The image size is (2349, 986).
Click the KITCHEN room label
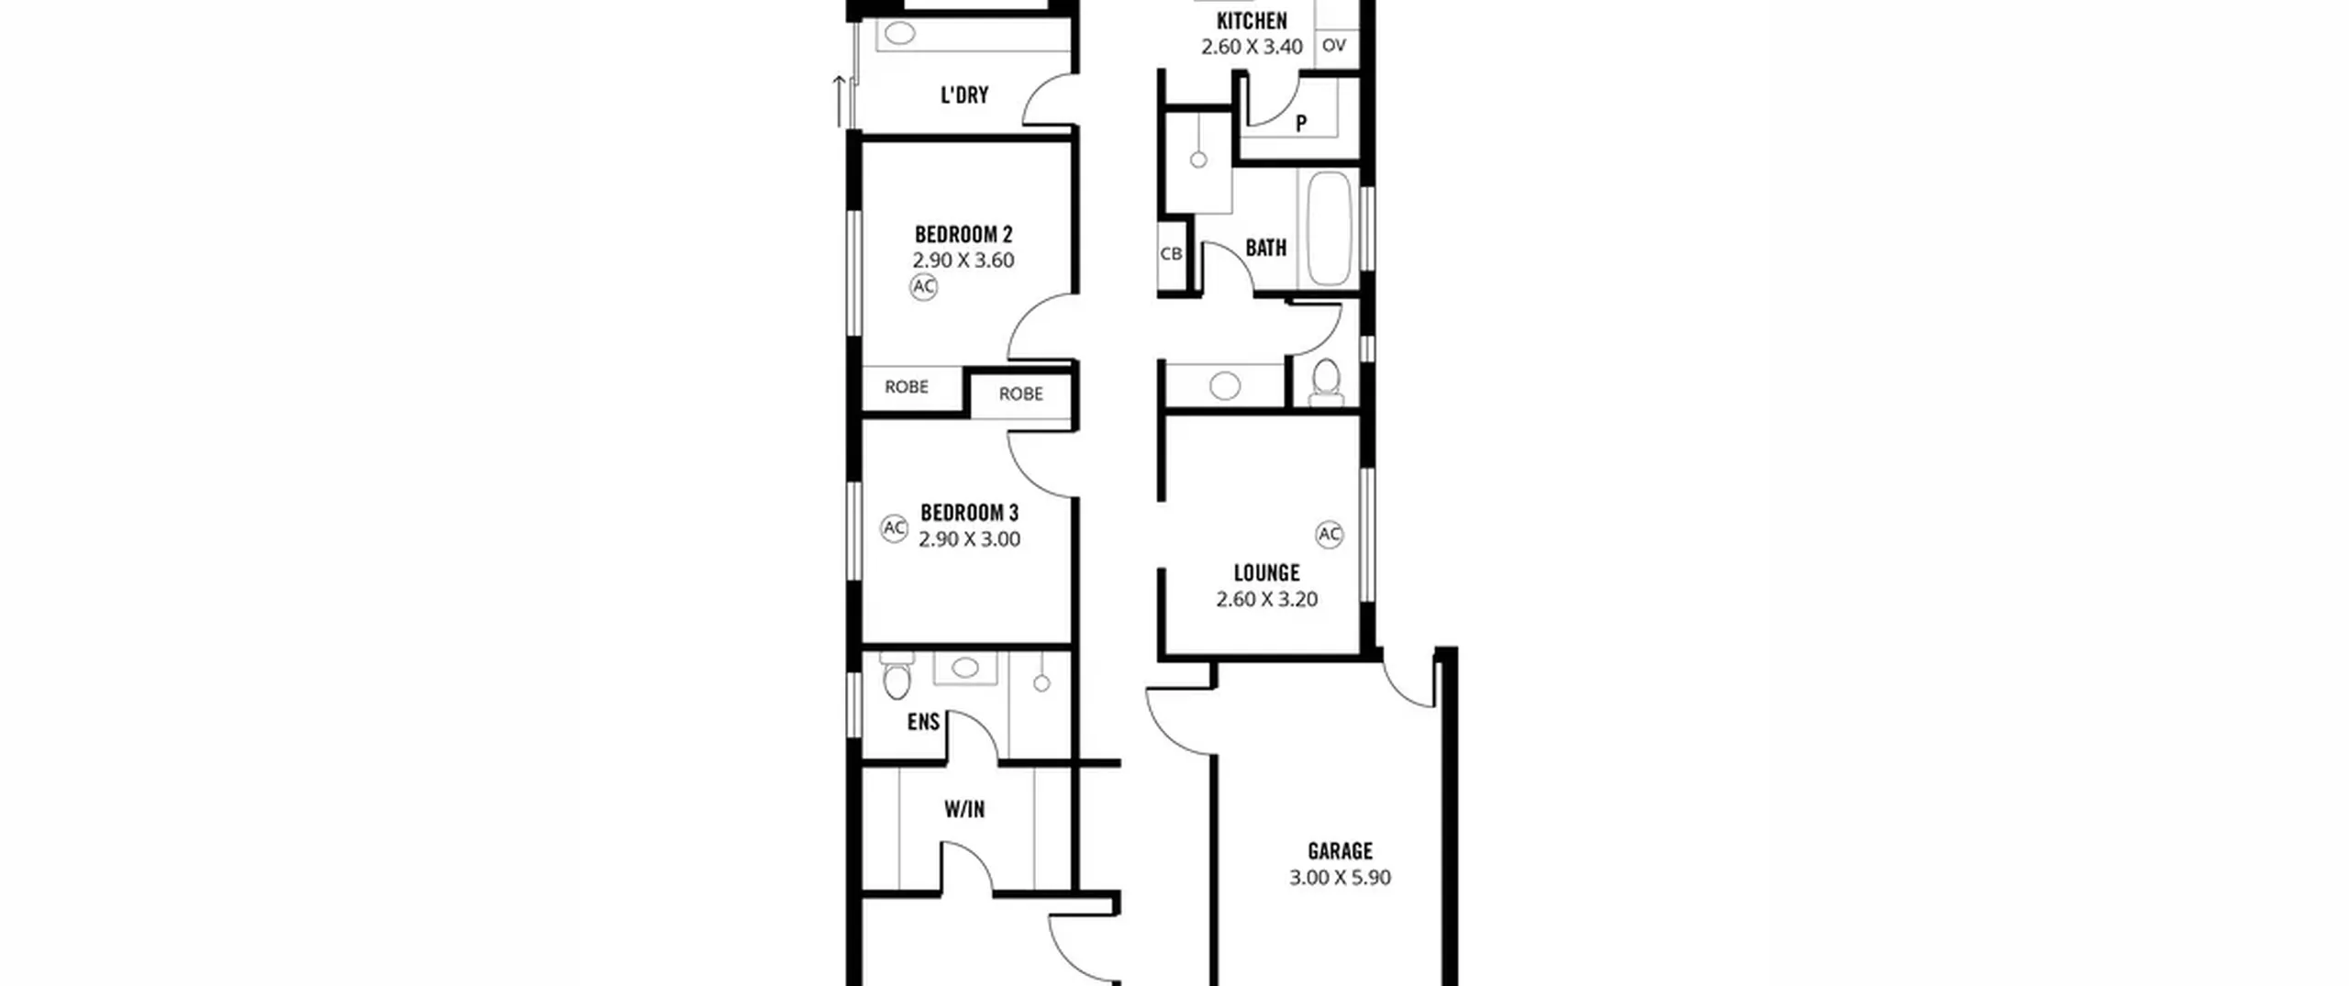(x=1252, y=21)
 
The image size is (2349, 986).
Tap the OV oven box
(x=1334, y=45)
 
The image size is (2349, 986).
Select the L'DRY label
(x=964, y=95)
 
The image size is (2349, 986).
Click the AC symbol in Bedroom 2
(x=923, y=287)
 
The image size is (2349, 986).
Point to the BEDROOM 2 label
(x=963, y=235)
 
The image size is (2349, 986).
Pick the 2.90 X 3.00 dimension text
(x=969, y=539)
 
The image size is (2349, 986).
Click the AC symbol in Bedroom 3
(x=894, y=528)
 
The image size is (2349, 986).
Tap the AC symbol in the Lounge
(x=1330, y=535)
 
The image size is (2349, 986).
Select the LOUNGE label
(x=1266, y=573)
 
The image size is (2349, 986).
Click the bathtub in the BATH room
(x=1329, y=228)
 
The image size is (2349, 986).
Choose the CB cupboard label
(x=1171, y=254)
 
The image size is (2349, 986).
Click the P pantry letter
(x=1301, y=123)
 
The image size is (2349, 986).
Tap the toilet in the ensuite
(x=895, y=676)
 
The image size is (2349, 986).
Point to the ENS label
(x=923, y=723)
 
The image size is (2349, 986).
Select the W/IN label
(x=964, y=810)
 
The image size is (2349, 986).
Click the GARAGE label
(x=1340, y=851)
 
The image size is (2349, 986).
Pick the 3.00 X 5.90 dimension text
(x=1340, y=878)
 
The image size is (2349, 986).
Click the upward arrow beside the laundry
(x=839, y=101)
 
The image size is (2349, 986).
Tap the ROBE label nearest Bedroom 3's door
(x=1020, y=393)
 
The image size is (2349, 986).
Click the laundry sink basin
(x=900, y=34)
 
